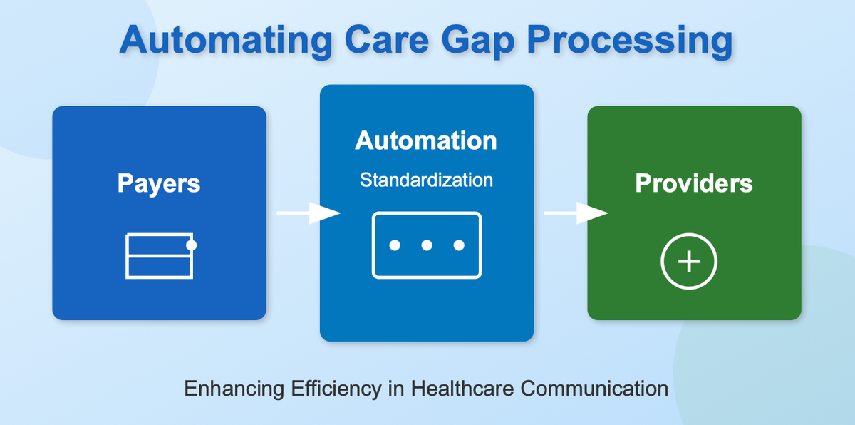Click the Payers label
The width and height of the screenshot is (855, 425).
click(159, 183)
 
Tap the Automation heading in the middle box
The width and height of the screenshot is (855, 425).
click(426, 140)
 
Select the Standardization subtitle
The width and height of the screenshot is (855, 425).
click(426, 180)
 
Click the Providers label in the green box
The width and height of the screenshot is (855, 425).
click(693, 183)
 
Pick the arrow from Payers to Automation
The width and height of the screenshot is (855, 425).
click(308, 213)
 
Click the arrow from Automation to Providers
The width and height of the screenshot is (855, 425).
click(576, 213)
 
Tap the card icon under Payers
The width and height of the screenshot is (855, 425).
click(159, 255)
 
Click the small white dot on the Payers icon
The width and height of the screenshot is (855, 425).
click(191, 245)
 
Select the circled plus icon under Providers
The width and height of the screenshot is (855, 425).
click(688, 262)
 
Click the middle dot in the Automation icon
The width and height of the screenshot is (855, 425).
click(427, 245)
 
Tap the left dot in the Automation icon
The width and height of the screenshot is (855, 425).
click(395, 245)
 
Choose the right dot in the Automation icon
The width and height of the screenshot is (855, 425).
click(459, 245)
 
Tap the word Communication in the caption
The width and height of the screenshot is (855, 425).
click(594, 389)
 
